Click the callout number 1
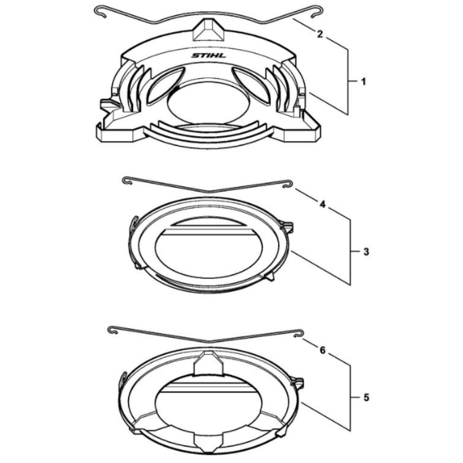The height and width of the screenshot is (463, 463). tap(363, 81)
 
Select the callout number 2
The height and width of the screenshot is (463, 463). tap(320, 34)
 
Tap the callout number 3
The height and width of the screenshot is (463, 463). tap(366, 251)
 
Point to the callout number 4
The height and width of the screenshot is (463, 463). tap(322, 204)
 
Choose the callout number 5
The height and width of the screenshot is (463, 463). tap(366, 397)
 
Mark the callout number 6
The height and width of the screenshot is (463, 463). tap(322, 350)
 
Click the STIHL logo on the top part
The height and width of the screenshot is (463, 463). tap(208, 56)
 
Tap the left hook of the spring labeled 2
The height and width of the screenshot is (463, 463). tap(100, 11)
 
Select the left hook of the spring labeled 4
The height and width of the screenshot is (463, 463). tap(126, 180)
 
